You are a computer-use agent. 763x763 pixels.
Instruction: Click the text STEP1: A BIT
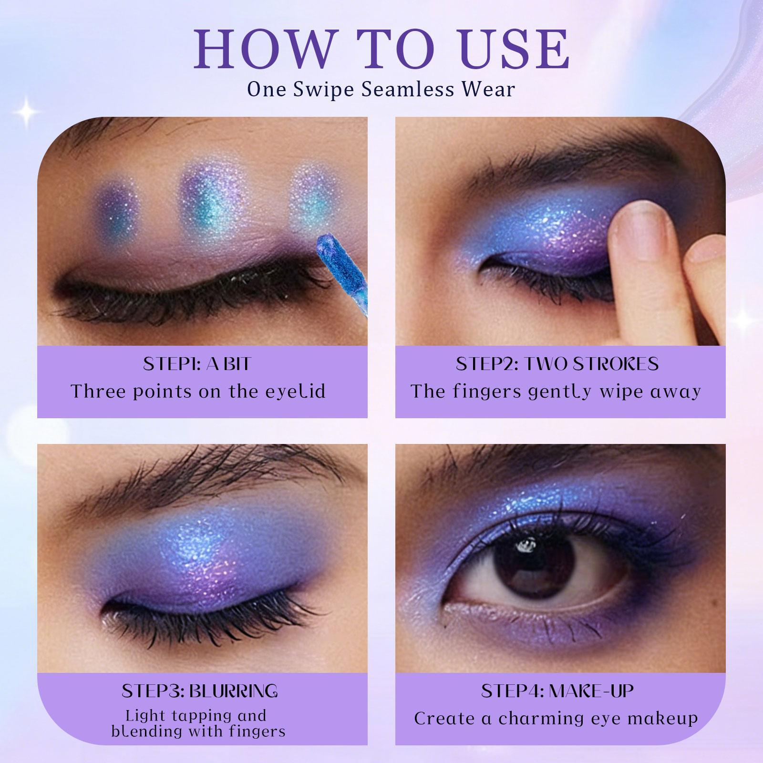coord(197,364)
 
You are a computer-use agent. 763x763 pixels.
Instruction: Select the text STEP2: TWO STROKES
coord(557,364)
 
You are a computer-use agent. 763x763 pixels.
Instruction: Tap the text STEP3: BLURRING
coord(199,691)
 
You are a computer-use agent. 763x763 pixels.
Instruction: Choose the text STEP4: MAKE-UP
coord(557,691)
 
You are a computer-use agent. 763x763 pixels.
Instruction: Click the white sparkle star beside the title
coord(28,111)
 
